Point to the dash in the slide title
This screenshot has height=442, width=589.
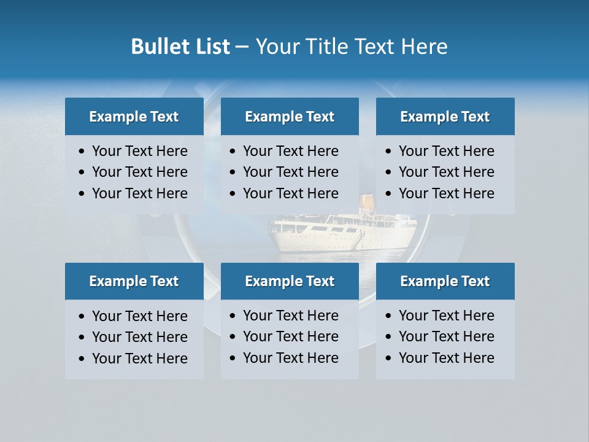(242, 47)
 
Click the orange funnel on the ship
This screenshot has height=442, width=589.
(366, 202)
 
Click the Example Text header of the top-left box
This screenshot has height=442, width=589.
(134, 117)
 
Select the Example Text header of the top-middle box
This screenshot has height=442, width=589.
(290, 117)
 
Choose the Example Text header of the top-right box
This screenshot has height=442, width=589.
(445, 117)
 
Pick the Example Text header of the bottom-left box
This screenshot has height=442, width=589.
(134, 281)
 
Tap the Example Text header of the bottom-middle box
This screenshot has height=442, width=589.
(290, 281)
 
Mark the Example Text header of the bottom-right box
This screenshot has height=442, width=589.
(445, 281)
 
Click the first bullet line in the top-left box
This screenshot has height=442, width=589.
(139, 151)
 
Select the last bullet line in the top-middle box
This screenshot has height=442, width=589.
(290, 193)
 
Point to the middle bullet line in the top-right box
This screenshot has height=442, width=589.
(446, 172)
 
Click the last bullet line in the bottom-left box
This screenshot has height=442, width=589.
(139, 359)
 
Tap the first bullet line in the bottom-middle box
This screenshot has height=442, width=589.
(290, 316)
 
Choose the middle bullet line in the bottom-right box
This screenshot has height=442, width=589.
(446, 336)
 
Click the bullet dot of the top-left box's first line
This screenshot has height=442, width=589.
(82, 152)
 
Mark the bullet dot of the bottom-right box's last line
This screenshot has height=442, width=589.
(389, 359)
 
